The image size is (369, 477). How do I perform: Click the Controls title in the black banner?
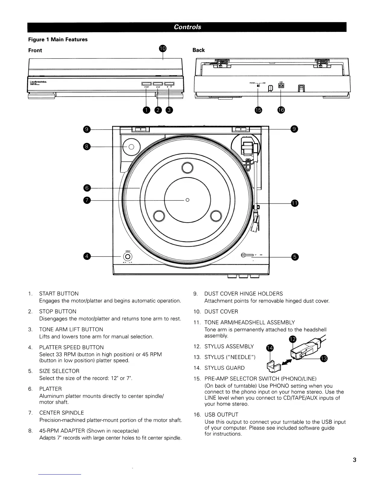tap(187, 27)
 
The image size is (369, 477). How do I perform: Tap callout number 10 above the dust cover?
tap(162, 49)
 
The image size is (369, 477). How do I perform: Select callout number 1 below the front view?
tap(146, 111)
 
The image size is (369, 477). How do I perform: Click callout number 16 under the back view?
tap(281, 111)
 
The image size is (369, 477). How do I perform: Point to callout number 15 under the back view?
tap(258, 111)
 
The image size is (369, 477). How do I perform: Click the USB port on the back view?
tap(281, 86)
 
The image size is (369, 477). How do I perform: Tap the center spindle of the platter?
tap(187, 200)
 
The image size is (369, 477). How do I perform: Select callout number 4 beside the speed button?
tap(87, 256)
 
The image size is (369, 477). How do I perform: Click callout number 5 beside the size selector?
tap(295, 257)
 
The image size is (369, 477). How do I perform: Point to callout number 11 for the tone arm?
tap(295, 204)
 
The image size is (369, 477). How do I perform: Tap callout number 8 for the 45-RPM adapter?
tap(87, 147)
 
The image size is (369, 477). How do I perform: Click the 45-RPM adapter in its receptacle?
tap(131, 147)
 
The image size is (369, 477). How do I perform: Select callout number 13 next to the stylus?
tap(324, 358)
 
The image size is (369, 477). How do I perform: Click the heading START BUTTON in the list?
tap(59, 294)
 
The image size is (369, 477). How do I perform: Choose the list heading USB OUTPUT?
tap(221, 415)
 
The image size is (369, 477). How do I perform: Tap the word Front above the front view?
tap(35, 50)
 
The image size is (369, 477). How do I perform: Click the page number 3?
tap(355, 460)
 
